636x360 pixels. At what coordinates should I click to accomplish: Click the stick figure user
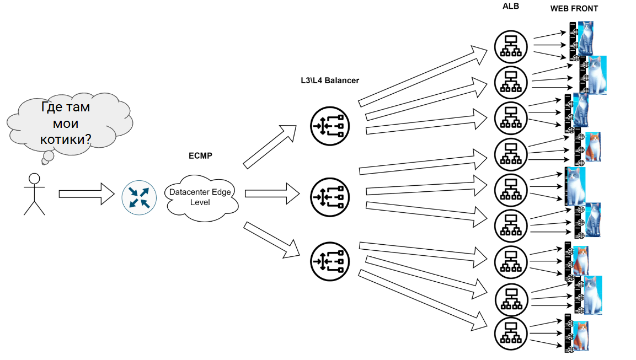(34, 194)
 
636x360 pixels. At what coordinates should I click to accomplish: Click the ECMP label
(200, 156)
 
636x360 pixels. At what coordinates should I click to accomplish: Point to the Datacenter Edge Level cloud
(200, 197)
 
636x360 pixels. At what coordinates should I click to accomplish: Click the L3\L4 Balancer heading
(326, 80)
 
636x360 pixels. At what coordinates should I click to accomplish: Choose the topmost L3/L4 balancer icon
(330, 126)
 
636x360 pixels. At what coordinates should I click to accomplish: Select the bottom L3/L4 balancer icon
(330, 260)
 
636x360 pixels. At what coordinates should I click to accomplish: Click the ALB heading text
(511, 7)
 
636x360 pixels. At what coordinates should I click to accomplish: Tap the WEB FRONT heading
(574, 9)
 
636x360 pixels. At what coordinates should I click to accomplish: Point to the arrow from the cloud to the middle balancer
(272, 194)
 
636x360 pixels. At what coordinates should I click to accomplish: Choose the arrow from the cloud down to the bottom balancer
(272, 240)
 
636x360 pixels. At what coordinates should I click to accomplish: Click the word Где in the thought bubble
(52, 107)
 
